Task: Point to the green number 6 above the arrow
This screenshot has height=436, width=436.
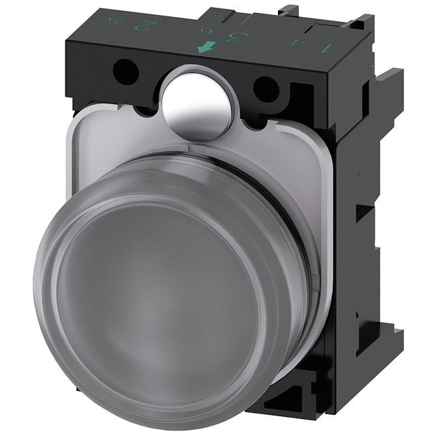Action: coord(202,31)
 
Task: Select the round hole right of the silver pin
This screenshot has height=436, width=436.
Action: coord(266,89)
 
